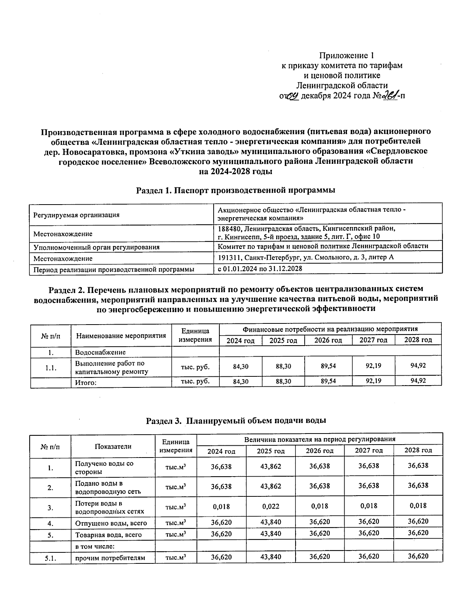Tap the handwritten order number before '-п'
click(390, 96)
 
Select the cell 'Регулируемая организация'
click(77, 215)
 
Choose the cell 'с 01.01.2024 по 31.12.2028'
click(260, 269)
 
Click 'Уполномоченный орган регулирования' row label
click(96, 247)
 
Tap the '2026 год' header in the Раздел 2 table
click(328, 340)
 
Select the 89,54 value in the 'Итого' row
click(328, 381)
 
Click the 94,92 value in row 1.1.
click(418, 366)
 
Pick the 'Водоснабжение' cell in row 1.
click(100, 352)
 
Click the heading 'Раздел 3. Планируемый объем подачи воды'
click(236, 421)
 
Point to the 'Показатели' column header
click(113, 446)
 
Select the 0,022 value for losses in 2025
click(270, 506)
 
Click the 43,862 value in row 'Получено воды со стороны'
click(270, 466)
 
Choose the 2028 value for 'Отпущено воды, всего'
click(418, 522)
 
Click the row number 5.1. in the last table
click(50, 558)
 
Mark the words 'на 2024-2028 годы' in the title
click(235, 171)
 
